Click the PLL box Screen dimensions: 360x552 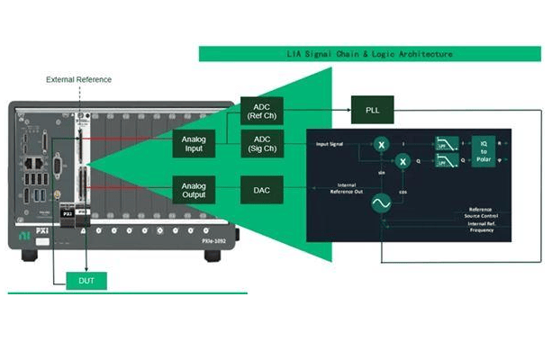click(372, 109)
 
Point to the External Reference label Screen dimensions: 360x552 click(79, 80)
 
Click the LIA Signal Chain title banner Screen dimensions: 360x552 click(373, 54)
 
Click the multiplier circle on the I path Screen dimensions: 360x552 click(381, 144)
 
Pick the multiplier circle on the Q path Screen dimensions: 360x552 click(403, 161)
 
